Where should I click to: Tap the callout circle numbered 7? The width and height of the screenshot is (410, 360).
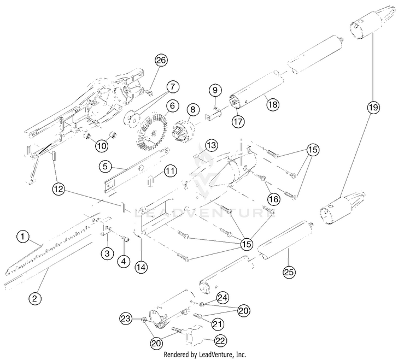[x=173, y=86]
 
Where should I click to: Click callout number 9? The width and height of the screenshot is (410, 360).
[x=215, y=90]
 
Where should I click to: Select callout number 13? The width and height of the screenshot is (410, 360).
[x=212, y=145]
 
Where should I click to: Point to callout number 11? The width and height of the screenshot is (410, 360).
[x=171, y=171]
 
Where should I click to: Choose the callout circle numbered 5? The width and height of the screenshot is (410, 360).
[x=106, y=164]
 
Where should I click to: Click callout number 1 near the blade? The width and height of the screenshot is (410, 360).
[x=22, y=237]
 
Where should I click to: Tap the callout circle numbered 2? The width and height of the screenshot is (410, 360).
[x=34, y=298]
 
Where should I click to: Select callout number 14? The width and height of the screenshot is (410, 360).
[x=142, y=268]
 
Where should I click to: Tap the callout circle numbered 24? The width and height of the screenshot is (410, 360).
[x=222, y=298]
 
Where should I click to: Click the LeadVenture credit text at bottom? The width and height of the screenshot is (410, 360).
[x=205, y=355]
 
